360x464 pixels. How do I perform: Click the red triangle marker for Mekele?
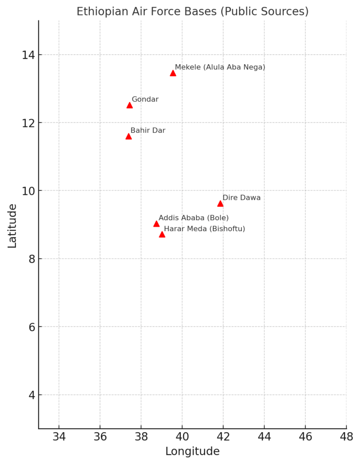(173, 73)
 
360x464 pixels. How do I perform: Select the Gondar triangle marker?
(129, 105)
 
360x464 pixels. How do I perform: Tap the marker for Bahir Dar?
(128, 136)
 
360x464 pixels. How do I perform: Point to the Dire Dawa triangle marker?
(220, 203)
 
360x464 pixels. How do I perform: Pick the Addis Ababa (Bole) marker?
(156, 224)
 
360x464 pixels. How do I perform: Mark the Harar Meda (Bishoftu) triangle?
(162, 234)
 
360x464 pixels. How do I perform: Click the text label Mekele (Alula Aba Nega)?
(220, 67)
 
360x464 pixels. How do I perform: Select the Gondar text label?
(145, 99)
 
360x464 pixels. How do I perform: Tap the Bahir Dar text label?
(148, 130)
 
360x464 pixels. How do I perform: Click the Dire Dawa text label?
(241, 198)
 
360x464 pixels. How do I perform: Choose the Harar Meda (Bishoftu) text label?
(204, 229)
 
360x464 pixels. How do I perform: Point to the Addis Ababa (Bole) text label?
(194, 218)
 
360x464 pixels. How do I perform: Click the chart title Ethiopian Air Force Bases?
(192, 11)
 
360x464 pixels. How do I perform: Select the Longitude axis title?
(192, 451)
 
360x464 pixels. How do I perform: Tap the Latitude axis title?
(12, 225)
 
